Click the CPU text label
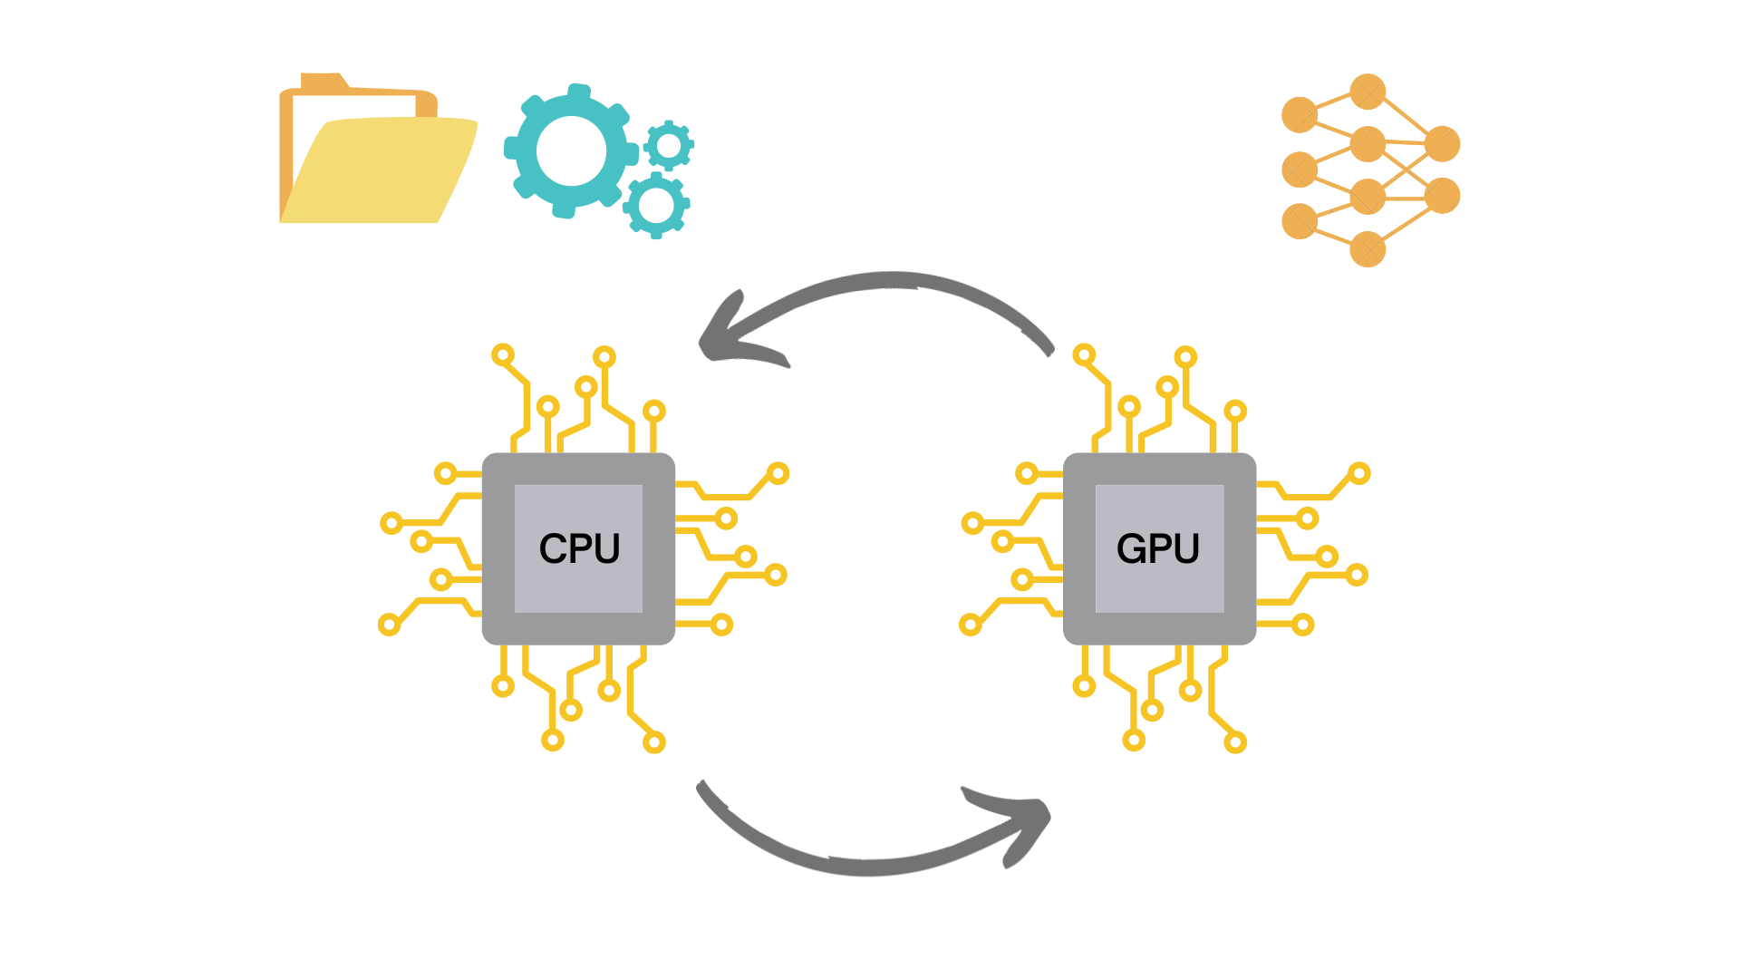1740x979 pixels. tap(579, 548)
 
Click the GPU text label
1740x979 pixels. tap(1158, 548)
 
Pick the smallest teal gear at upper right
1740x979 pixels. tap(669, 145)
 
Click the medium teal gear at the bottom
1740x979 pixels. tap(656, 206)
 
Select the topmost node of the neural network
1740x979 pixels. tap(1368, 92)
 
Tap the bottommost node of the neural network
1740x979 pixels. tap(1368, 249)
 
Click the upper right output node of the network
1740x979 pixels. tap(1442, 143)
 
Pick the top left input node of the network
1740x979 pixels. tap(1300, 115)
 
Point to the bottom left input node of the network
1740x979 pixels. tap(1300, 221)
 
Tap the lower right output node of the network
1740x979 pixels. tap(1442, 195)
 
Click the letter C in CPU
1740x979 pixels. tap(552, 548)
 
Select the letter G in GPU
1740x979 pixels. tap(1131, 548)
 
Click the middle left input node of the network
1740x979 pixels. tap(1300, 170)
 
